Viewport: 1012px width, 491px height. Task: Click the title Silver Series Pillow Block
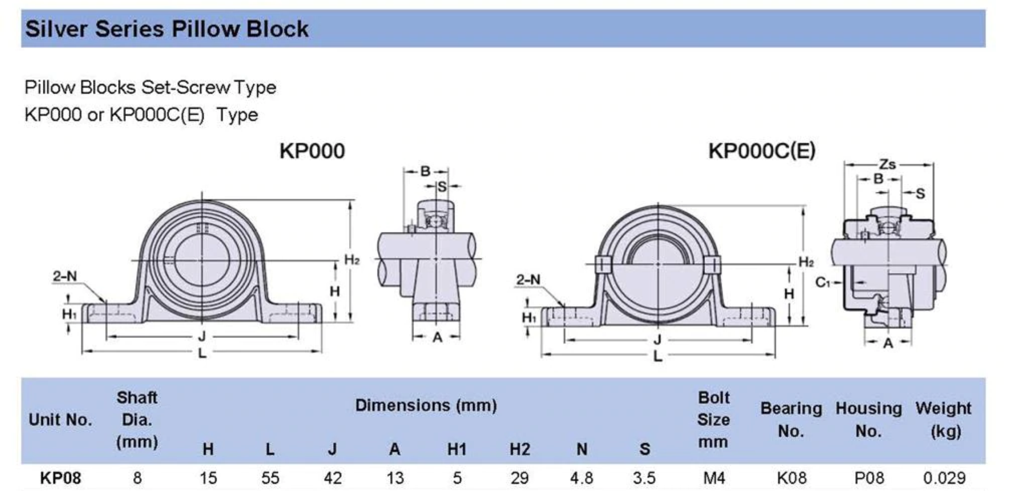[x=166, y=29]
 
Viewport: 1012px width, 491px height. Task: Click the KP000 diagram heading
[x=312, y=151]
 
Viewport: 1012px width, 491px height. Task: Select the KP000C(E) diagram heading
[x=762, y=151]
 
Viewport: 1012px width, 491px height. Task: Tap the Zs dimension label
[x=887, y=164]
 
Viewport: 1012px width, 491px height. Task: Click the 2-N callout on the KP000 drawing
[x=65, y=276]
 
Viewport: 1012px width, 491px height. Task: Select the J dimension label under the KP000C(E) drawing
[x=657, y=340]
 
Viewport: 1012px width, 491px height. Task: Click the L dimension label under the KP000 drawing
[x=202, y=353]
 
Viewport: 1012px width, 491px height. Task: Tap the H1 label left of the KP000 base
[x=69, y=314]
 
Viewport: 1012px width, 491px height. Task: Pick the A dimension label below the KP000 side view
[x=437, y=337]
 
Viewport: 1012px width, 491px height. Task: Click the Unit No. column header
[x=60, y=420]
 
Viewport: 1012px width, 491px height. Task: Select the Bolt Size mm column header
[x=713, y=420]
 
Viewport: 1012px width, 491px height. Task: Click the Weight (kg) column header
[x=944, y=419]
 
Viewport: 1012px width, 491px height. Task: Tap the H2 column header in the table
[x=520, y=450]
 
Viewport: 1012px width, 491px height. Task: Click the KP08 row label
[x=60, y=478]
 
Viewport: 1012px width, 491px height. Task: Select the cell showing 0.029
[x=944, y=478]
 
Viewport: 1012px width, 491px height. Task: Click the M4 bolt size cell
[x=714, y=478]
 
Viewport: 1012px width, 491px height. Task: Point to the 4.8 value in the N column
[x=581, y=478]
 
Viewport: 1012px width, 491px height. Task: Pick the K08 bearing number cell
[x=791, y=478]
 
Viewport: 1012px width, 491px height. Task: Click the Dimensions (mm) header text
[x=426, y=405]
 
